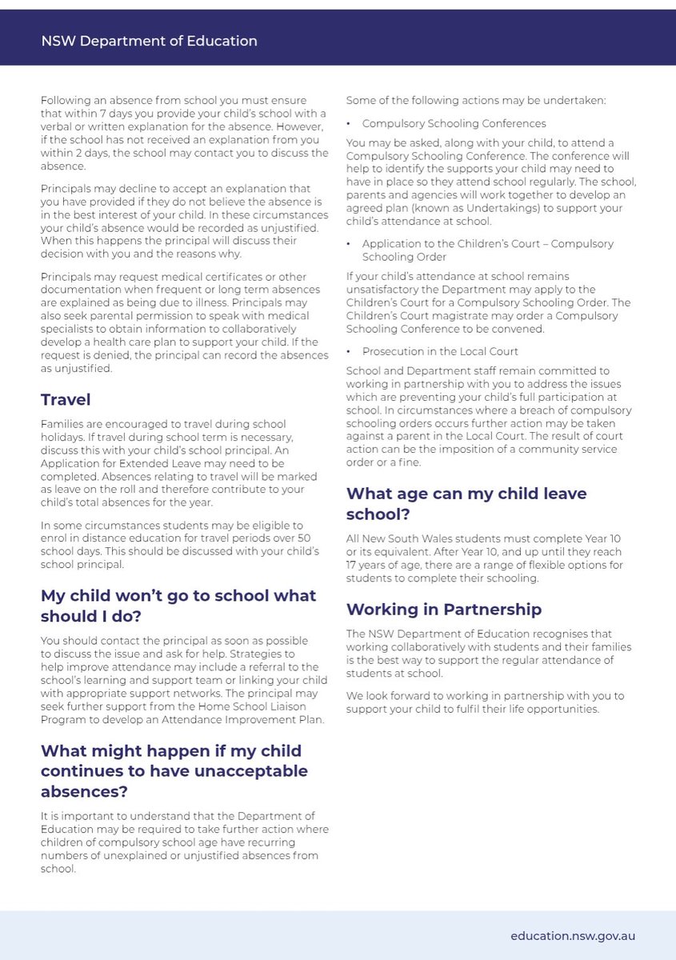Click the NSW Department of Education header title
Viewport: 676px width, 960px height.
pos(149,41)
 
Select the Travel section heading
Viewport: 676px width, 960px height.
pos(66,399)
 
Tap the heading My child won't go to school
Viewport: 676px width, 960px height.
pos(178,606)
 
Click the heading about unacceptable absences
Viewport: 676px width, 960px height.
pos(174,771)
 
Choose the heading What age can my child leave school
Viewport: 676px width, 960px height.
pos(466,503)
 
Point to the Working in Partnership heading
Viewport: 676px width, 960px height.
pos(444,609)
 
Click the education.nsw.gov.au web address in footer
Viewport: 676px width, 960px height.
pos(573,934)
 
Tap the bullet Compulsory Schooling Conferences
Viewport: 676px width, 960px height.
pos(454,124)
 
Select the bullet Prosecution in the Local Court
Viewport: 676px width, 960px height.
pos(440,351)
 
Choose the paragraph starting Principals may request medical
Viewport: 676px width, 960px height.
pos(185,324)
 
